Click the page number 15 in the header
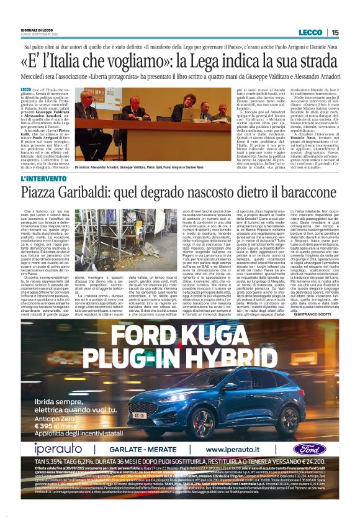(x=335, y=32)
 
